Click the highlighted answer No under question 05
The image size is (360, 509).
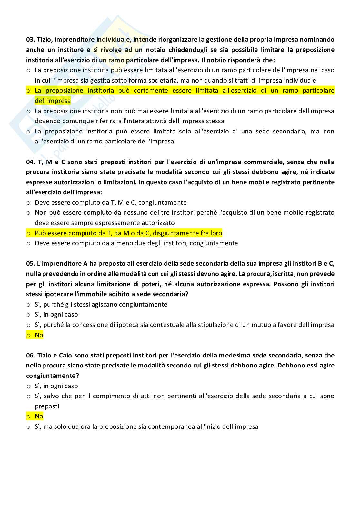[39, 335]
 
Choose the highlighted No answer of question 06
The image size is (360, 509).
[39, 416]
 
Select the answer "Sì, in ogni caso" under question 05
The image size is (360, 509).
[56, 315]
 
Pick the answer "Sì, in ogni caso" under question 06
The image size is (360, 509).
[56, 386]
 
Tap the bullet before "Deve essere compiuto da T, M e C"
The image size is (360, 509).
[28, 203]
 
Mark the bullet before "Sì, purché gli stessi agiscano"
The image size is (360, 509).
[28, 305]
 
